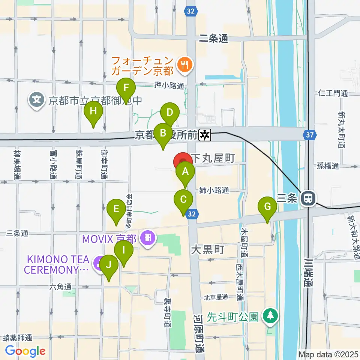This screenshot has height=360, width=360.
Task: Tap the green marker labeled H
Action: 93,111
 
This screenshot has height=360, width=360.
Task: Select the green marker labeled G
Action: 267,207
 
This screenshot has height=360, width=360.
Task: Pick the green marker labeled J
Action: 109,265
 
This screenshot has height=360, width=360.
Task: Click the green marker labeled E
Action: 116,209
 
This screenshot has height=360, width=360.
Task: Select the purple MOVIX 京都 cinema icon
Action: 148,238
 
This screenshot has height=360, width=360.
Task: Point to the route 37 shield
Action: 311,134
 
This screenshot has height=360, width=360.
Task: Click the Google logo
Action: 25,351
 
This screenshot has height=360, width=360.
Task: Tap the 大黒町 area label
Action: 207,249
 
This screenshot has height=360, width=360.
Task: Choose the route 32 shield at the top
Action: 190,12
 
